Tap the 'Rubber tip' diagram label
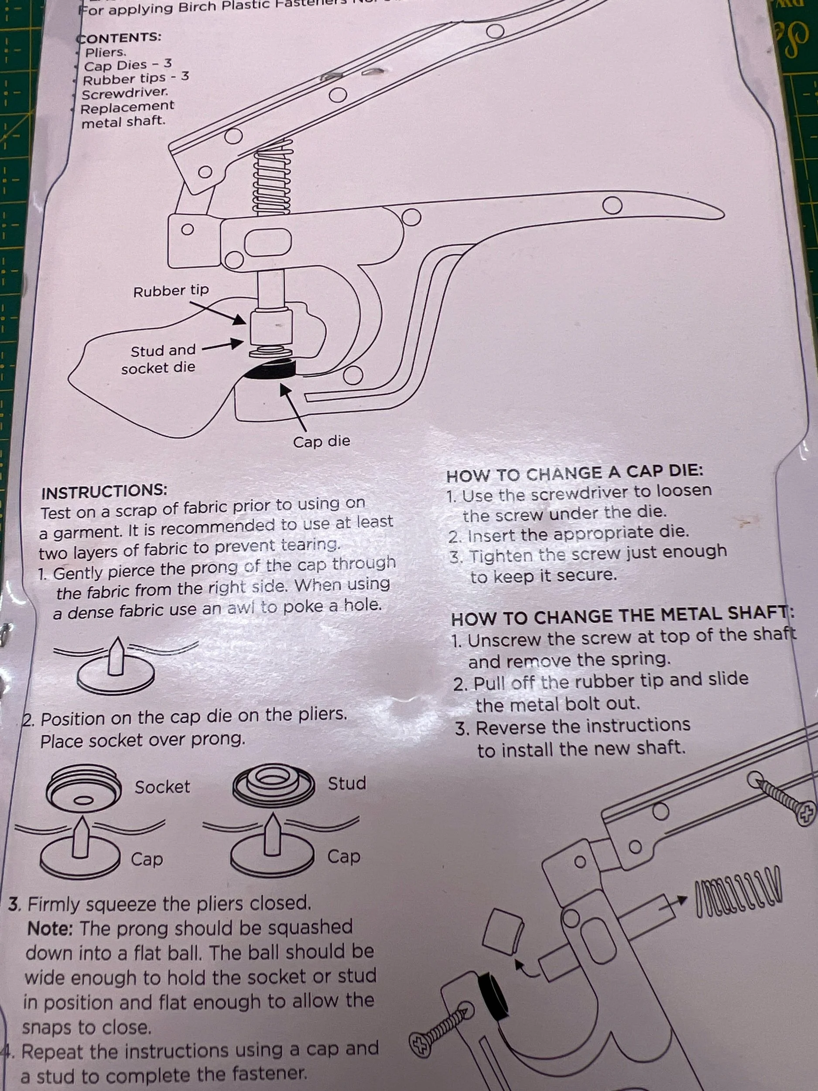tap(171, 291)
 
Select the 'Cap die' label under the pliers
tap(322, 441)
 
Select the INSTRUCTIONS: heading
tap(104, 491)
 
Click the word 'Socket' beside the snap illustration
tap(162, 787)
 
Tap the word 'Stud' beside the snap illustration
tap(347, 783)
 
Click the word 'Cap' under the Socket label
tap(147, 859)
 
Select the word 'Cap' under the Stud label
tap(344, 856)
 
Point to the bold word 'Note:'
tap(51, 929)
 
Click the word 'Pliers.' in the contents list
tap(106, 52)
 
